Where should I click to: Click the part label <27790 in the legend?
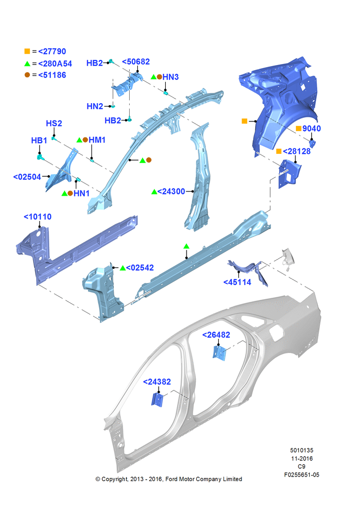(52, 51)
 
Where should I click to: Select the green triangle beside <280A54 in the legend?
(27, 63)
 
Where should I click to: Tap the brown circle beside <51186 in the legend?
(27, 75)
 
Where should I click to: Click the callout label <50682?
(136, 61)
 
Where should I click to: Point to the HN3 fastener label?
(170, 77)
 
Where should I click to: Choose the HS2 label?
(54, 123)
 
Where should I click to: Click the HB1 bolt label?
(39, 141)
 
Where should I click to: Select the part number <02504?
(27, 177)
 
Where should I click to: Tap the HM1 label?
(97, 140)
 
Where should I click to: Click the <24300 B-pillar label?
(171, 192)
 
